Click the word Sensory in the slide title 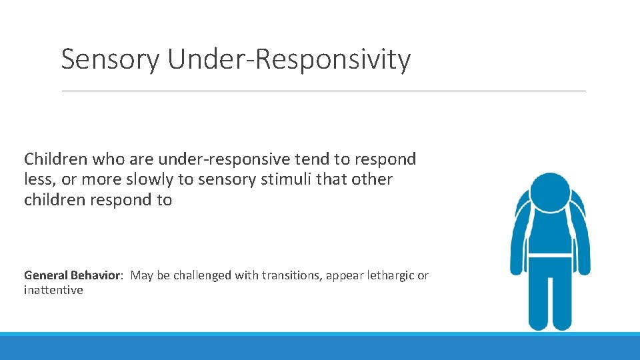click(110, 59)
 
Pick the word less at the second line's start click(37, 179)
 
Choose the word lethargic click(387, 275)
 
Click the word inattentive click(53, 290)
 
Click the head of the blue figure click(550, 192)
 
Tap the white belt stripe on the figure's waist click(550, 255)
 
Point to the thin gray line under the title click(323, 91)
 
